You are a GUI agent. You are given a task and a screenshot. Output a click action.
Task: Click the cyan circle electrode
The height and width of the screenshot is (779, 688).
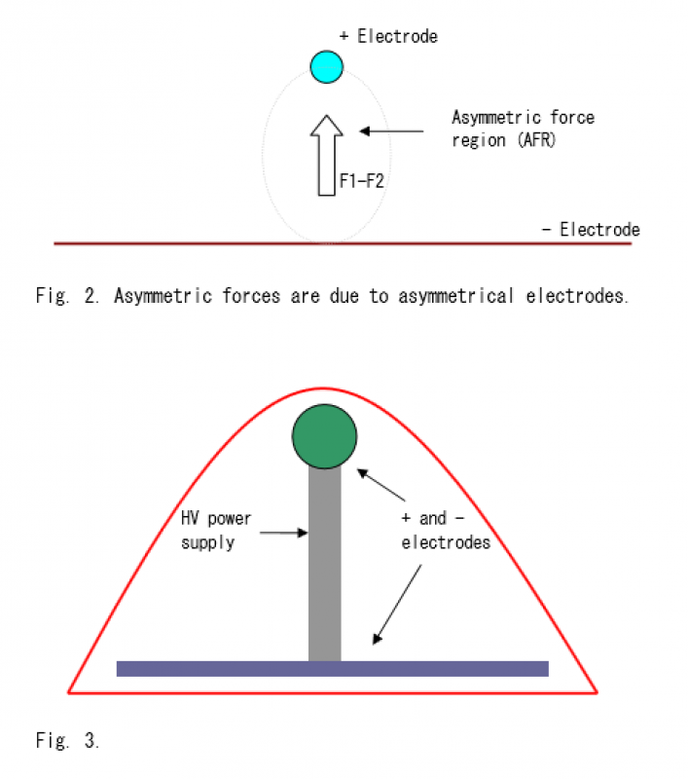pos(327,66)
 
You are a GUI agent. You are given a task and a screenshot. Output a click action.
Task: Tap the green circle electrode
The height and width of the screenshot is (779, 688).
pos(325,436)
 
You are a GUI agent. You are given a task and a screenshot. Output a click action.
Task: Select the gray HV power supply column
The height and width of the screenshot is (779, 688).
pos(325,565)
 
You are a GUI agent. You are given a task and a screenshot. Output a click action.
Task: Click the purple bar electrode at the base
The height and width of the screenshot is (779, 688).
pos(333,669)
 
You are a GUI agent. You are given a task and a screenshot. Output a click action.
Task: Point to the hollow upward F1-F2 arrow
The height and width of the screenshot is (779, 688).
pos(327,156)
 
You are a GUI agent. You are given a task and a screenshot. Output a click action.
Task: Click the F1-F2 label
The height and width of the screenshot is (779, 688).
pos(362,181)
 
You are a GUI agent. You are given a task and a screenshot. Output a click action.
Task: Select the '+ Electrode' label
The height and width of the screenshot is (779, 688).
pos(388,36)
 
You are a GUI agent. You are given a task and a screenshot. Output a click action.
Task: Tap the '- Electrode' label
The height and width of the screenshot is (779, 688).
pos(591,230)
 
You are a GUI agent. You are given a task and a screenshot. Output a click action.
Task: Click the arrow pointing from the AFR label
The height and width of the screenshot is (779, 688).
pos(391,131)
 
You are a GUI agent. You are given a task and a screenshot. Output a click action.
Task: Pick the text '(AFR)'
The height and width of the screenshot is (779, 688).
pos(536,140)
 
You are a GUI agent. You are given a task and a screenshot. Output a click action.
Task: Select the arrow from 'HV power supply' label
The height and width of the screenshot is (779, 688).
pos(284,533)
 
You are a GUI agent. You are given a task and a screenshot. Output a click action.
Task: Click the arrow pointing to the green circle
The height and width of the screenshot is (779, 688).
pos(381,484)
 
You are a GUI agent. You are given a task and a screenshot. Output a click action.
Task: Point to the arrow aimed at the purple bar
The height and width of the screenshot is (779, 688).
pos(397,604)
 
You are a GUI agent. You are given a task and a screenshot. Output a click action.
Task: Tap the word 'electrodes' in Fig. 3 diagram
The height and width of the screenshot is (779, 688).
pos(446,542)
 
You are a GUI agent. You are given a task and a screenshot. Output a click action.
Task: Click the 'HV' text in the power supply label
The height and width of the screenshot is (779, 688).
pos(190,518)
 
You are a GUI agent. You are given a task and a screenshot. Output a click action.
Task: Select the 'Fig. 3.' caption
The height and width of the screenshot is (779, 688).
pos(67,740)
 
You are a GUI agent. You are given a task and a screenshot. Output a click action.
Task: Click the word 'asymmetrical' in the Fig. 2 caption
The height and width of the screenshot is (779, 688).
pos(455,296)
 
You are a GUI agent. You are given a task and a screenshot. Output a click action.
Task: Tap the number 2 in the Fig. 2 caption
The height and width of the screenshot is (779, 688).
pos(91,296)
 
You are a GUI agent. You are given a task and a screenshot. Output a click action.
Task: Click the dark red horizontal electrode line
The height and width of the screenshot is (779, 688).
pos(343,243)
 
